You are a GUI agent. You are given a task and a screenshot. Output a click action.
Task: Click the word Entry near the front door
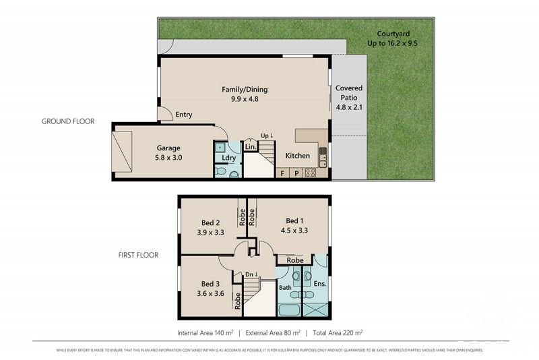click(184, 115)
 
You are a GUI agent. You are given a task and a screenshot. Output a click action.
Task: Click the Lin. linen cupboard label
click(250, 146)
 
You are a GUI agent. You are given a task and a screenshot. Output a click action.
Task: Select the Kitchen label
click(298, 156)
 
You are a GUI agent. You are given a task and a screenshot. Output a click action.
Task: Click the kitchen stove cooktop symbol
click(311, 173)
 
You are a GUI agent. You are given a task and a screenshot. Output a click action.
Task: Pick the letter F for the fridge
click(283, 173)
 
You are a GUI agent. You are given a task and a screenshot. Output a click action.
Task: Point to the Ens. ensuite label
click(319, 284)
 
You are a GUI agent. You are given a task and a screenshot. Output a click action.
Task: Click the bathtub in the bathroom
click(290, 309)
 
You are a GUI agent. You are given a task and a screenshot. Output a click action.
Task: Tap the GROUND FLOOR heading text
click(68, 122)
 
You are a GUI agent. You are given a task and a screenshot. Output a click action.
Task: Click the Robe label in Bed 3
click(237, 301)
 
